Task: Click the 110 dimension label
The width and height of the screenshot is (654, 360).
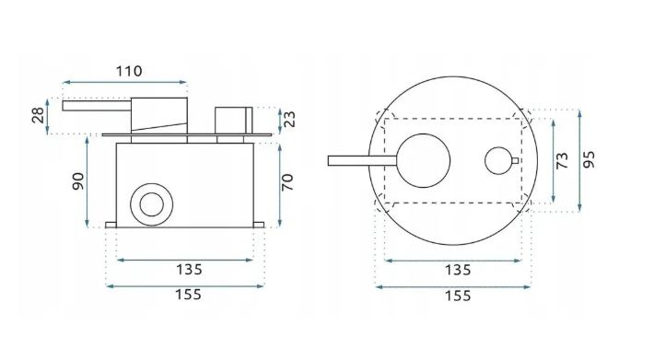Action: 129,71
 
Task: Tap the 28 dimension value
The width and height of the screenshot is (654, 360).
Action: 38,115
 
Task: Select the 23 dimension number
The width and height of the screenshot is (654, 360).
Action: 288,119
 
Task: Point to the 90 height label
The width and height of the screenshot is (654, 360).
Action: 78,181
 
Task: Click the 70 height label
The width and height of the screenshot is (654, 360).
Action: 287,182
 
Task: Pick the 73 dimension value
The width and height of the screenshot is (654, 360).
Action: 562,160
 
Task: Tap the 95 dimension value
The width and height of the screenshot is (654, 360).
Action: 589,159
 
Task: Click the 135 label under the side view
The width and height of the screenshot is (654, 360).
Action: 189,270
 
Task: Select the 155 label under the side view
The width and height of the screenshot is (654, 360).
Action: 188,295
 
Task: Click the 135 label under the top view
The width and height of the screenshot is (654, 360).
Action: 458,270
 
